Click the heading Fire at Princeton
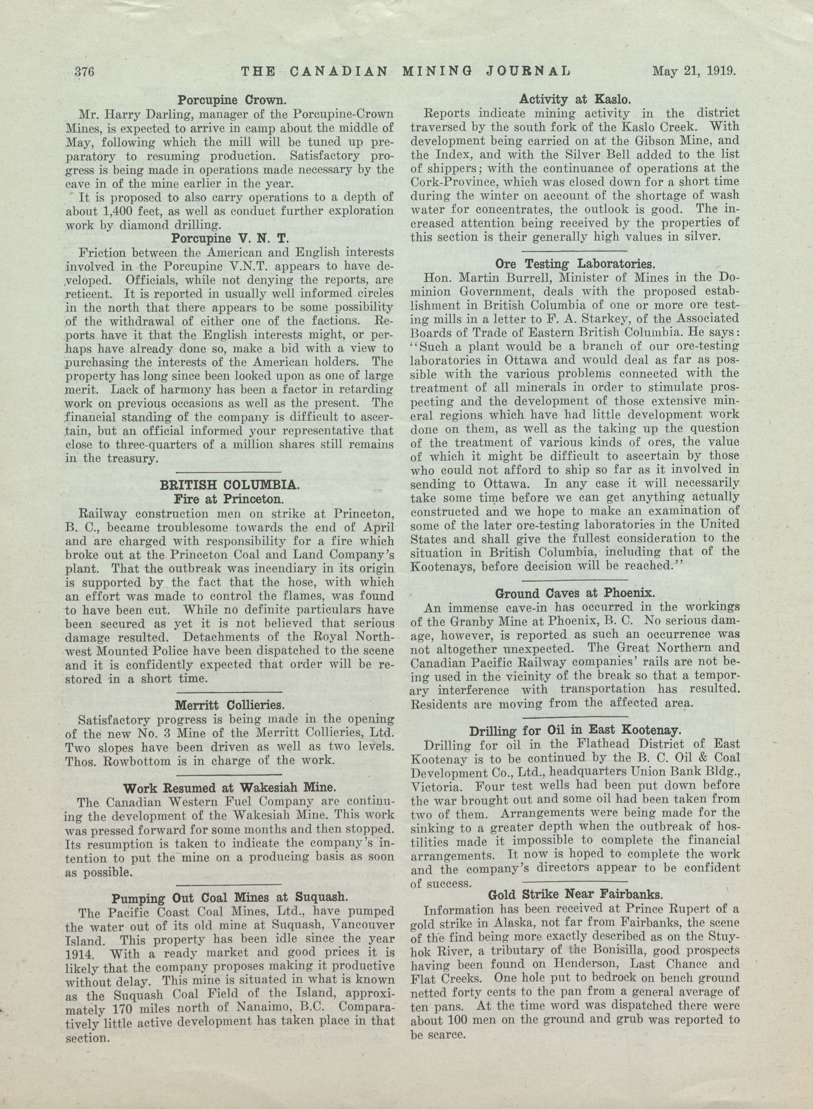229,499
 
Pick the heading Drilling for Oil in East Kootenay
575,731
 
